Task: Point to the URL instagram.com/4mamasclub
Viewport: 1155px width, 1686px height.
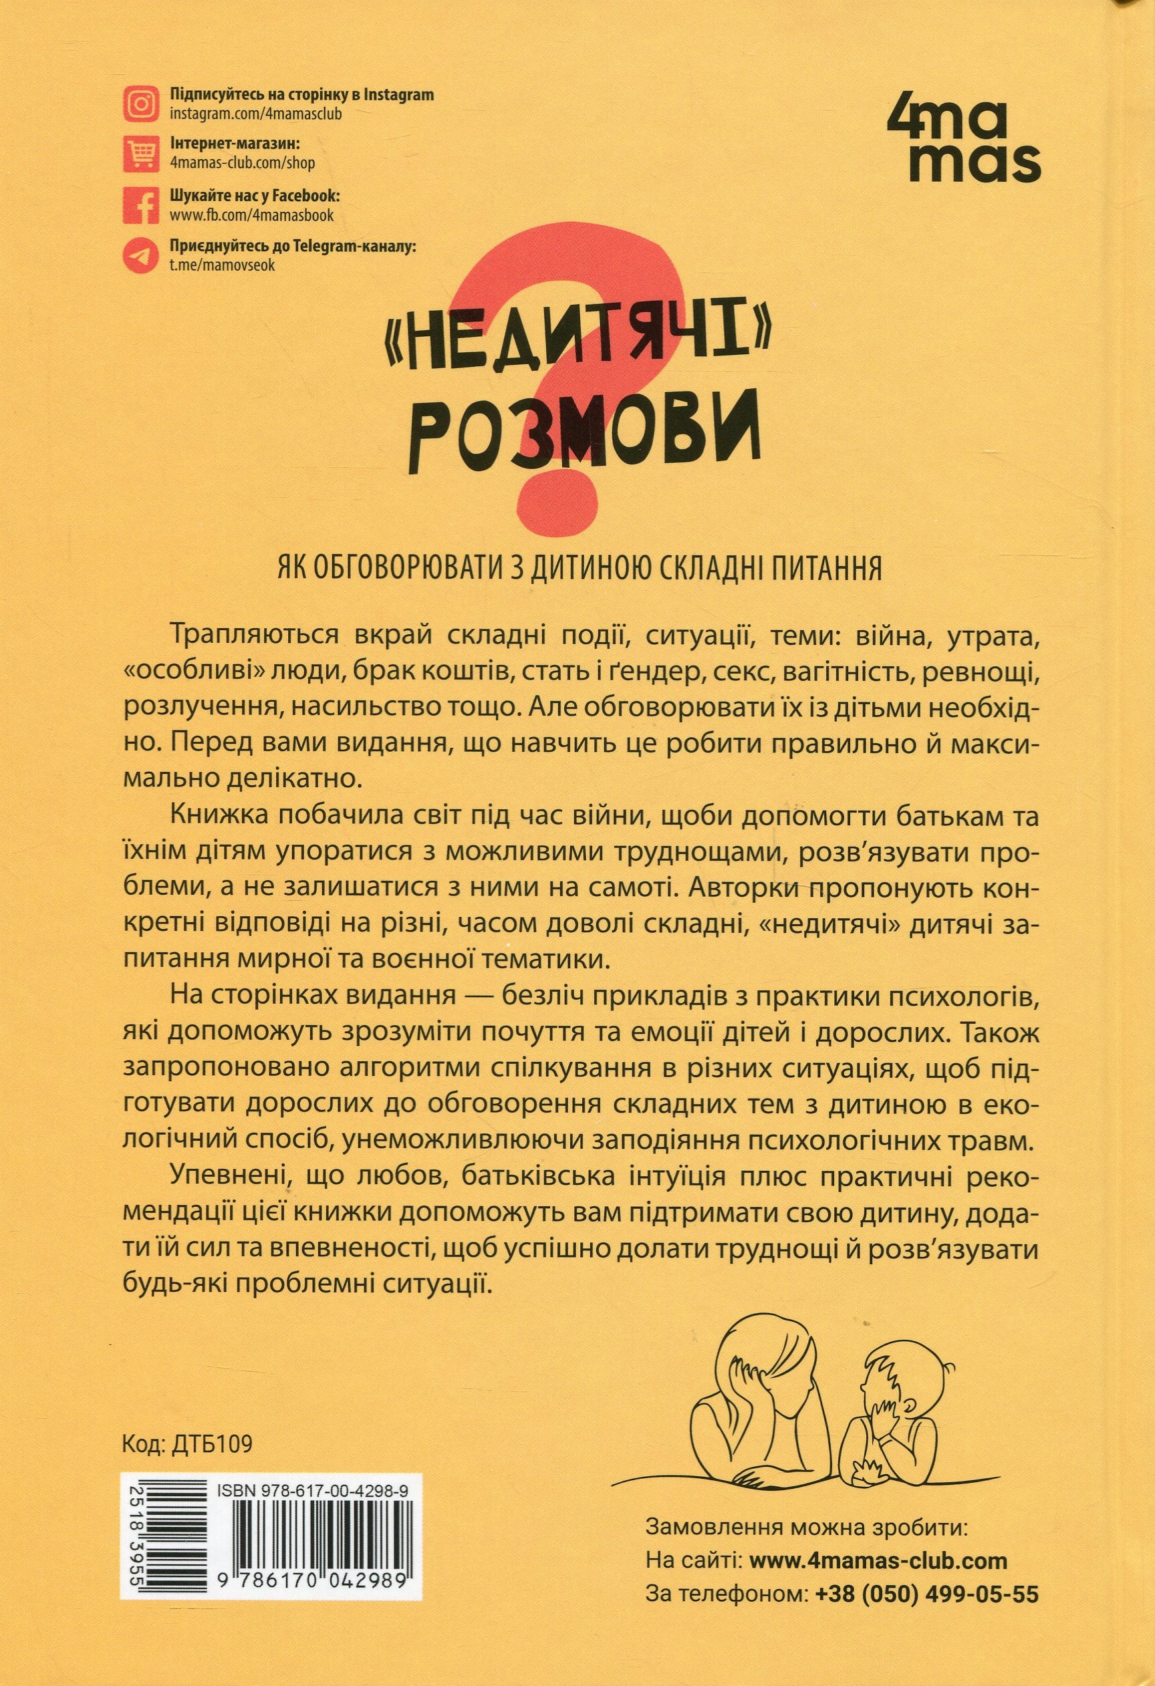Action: pyautogui.click(x=255, y=114)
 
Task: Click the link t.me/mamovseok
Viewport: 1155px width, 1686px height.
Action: pyautogui.click(x=222, y=265)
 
